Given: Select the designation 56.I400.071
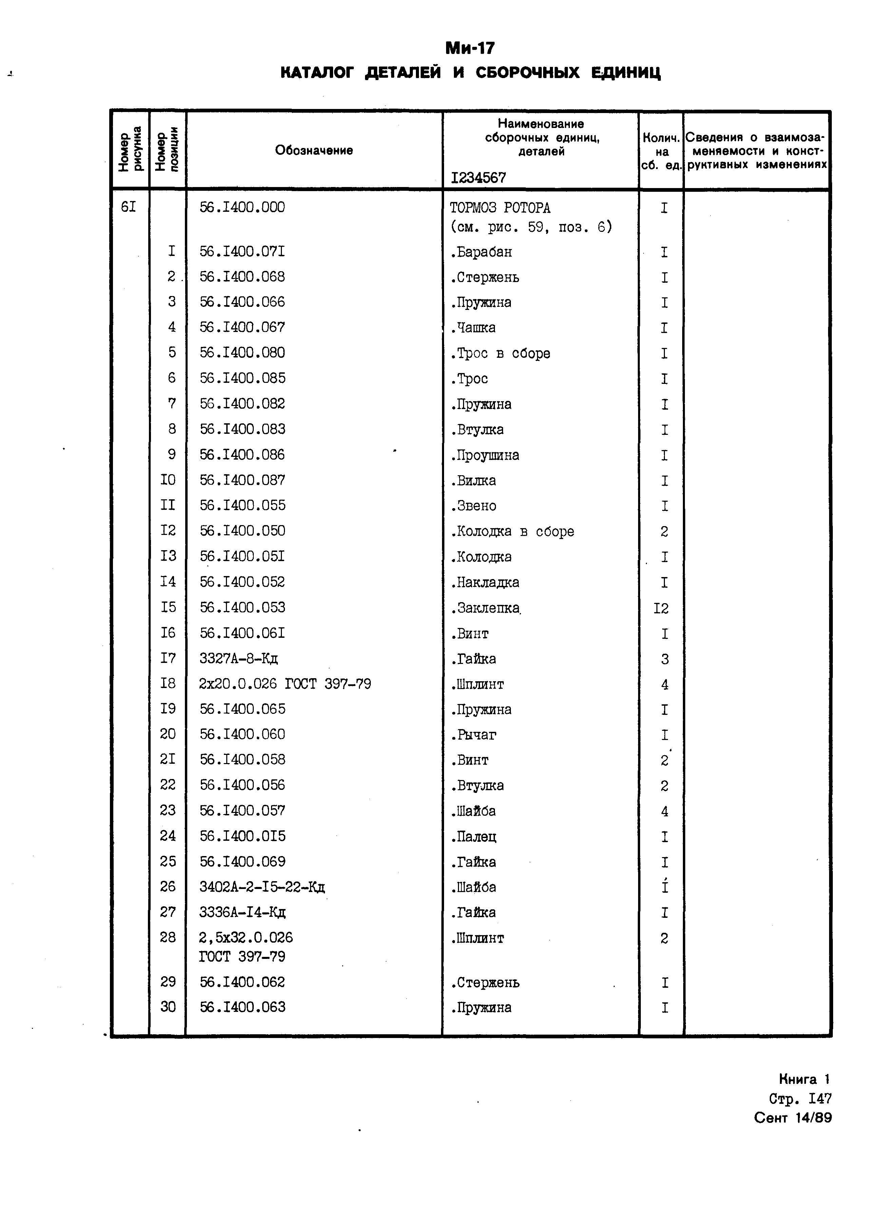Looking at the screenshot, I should [x=243, y=252].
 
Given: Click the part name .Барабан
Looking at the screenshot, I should [x=481, y=252].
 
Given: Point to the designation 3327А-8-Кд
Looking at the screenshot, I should [x=239, y=659].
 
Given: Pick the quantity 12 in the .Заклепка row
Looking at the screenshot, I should [x=661, y=608].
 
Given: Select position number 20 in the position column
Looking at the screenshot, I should [x=168, y=735].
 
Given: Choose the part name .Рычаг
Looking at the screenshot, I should [x=474, y=735].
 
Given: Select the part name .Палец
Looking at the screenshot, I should [x=474, y=836].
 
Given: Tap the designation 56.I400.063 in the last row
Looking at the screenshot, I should [x=243, y=1007].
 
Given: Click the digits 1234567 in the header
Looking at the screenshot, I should [x=478, y=178].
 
